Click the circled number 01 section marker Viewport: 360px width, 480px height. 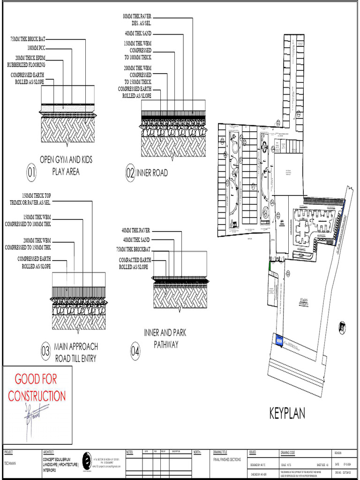coord(31,173)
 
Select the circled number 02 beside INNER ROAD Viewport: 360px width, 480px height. coord(130,173)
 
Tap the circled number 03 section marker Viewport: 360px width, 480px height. coord(45,351)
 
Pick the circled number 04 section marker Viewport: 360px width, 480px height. coord(135,351)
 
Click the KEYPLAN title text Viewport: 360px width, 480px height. coord(287,413)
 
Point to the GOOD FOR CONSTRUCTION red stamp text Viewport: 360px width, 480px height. coord(37,387)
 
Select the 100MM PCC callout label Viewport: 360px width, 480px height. coord(36,48)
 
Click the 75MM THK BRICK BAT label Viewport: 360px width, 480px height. coord(28,39)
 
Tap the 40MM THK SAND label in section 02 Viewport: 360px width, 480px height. coord(138,34)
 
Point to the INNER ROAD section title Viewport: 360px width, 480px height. coord(152,173)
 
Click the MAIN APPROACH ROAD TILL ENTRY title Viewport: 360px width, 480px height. coord(76,352)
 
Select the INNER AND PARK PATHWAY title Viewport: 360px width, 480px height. coord(165,338)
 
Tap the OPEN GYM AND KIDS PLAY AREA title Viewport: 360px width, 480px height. coord(66,165)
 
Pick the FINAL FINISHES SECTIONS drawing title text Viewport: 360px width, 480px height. coord(227,460)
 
